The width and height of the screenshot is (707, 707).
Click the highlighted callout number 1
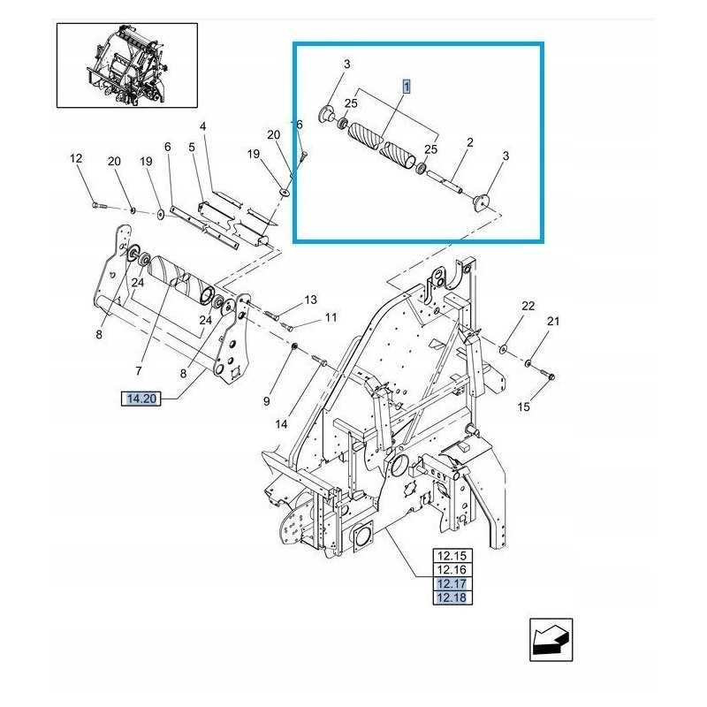[x=407, y=87]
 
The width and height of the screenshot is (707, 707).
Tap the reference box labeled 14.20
[x=141, y=399]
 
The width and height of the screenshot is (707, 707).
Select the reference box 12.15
[x=452, y=556]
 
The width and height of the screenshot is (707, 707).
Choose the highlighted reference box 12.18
[x=452, y=598]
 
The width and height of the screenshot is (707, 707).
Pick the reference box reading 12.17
[x=452, y=584]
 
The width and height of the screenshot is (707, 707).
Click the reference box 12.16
[x=452, y=570]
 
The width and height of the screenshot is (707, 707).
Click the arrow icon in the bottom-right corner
[x=551, y=640]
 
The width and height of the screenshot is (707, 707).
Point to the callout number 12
[x=76, y=159]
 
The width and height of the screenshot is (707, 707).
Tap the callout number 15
[x=524, y=407]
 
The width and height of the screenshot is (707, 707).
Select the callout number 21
[x=553, y=322]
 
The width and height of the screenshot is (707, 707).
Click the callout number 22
[x=528, y=307]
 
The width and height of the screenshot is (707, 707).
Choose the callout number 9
[x=266, y=403]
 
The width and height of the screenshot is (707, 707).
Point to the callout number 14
[x=281, y=424]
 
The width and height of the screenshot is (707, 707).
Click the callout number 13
[x=310, y=300]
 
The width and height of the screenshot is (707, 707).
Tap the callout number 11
[x=331, y=317]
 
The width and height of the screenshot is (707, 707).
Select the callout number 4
[x=202, y=127]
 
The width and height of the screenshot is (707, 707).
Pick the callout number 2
[x=470, y=142]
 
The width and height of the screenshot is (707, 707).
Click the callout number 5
[x=191, y=147]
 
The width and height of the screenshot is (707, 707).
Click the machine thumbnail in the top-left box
[x=127, y=65]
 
